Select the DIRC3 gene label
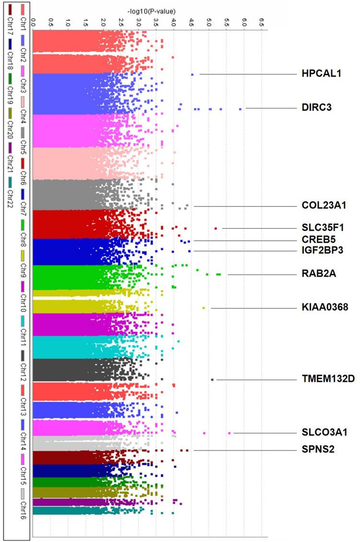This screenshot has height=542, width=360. pyautogui.click(x=316, y=108)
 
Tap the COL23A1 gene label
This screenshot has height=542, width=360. pyautogui.click(x=324, y=206)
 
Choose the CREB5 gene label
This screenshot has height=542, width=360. pyautogui.click(x=317, y=240)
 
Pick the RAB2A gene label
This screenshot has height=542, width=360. pyautogui.click(x=316, y=274)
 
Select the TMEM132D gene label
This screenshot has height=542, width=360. pyautogui.click(x=328, y=380)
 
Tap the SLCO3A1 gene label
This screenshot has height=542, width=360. pyautogui.click(x=324, y=432)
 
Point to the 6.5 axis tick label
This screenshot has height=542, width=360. pyautogui.click(x=261, y=21)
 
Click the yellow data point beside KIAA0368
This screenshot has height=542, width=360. pyautogui.click(x=204, y=308)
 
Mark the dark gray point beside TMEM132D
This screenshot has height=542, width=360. pyautogui.click(x=212, y=380)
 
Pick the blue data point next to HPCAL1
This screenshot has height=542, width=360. pyautogui.click(x=192, y=74)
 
